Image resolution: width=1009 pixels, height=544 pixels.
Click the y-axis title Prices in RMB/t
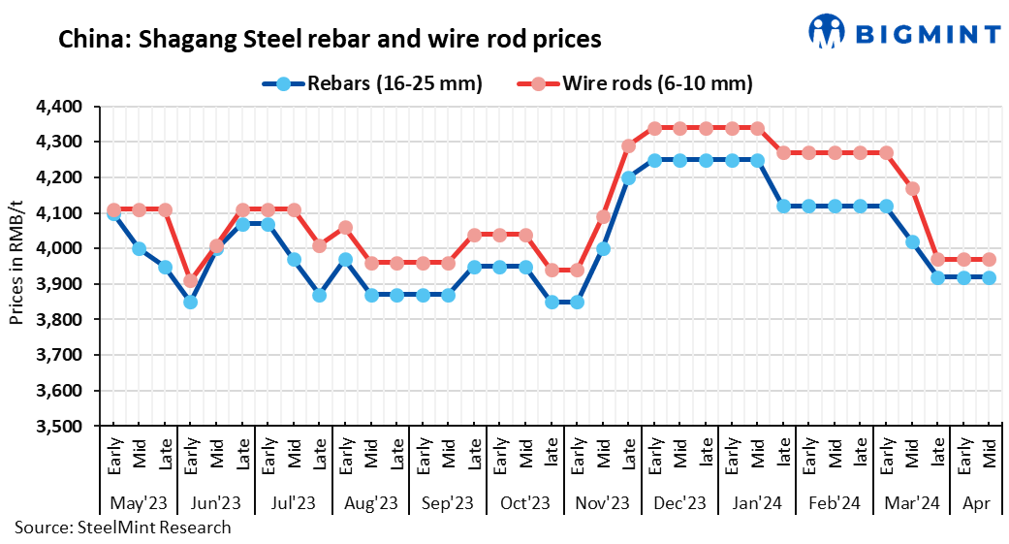tap(16, 265)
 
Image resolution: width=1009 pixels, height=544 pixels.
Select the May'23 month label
tap(139, 503)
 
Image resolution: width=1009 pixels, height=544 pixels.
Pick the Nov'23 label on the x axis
tap(603, 503)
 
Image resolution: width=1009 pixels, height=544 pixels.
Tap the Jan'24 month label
tap(757, 503)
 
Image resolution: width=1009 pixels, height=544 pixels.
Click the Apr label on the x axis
tap(976, 503)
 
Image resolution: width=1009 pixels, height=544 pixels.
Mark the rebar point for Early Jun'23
tap(190, 302)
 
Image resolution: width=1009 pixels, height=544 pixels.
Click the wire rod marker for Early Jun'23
tap(190, 281)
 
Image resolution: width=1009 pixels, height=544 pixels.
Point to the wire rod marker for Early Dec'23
tap(654, 128)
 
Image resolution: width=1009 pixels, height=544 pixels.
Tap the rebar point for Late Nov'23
tap(628, 178)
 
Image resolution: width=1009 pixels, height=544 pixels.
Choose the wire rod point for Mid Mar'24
tap(911, 188)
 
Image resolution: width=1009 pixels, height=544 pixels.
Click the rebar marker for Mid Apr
tap(989, 277)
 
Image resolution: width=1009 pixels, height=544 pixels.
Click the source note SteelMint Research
tap(122, 528)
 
